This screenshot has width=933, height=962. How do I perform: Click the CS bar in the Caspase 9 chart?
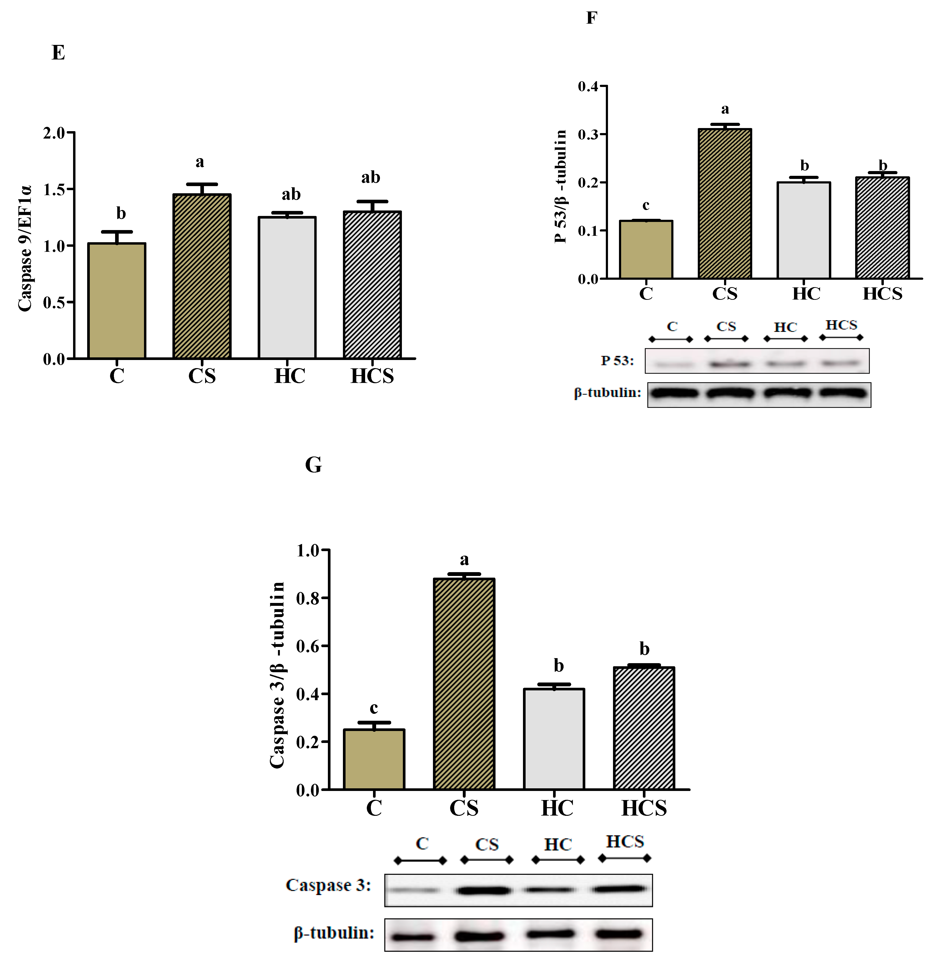click(202, 276)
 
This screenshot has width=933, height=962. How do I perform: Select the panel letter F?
click(592, 18)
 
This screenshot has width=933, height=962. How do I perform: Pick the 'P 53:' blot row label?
click(617, 361)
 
